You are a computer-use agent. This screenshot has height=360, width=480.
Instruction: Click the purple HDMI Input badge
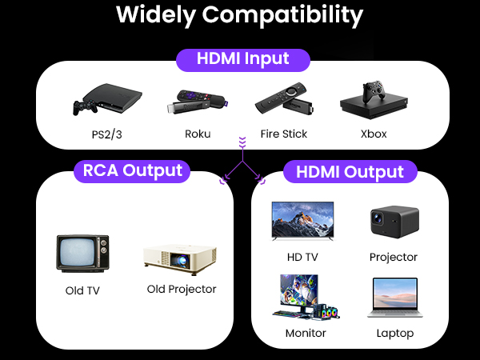coord(243,60)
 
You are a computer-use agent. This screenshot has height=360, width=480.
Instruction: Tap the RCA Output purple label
coord(132,171)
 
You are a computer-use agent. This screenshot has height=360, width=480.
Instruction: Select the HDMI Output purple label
coord(350,172)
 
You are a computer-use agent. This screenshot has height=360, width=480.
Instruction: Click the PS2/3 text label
coord(107,134)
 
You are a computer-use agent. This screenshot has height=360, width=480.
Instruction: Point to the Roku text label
coord(198,134)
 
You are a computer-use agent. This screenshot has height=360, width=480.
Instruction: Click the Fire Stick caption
coord(284,134)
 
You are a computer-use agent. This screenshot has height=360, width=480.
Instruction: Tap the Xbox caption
coord(374,134)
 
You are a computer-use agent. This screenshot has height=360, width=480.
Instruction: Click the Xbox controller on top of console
coord(374,91)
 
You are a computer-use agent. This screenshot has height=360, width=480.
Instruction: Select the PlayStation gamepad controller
coord(85,107)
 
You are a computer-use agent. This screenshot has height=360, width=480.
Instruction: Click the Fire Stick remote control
coord(280,97)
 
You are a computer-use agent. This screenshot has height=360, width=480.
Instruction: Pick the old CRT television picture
coord(82,254)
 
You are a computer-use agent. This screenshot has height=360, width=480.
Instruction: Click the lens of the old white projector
coord(182,261)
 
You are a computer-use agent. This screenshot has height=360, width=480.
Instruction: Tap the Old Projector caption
coord(182,289)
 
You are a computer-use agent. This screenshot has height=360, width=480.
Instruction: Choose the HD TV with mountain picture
coord(302,221)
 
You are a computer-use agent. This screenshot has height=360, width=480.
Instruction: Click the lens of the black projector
coord(378,218)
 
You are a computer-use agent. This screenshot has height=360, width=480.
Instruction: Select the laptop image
coord(395,298)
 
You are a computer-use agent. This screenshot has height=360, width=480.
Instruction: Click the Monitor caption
coord(306,333)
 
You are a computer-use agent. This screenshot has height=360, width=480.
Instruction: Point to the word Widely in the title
coord(156,14)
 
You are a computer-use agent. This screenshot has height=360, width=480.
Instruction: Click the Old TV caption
coord(82,290)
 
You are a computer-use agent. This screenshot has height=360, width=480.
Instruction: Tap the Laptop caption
coord(395,333)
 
